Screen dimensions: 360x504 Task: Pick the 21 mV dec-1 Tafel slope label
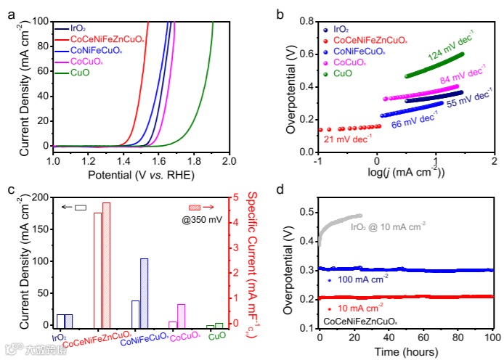coord(347,139)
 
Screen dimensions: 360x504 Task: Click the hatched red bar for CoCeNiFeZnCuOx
coord(106,265)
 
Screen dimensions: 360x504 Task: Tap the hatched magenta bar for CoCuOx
coord(182,316)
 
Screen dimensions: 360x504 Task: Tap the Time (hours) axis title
coord(406,353)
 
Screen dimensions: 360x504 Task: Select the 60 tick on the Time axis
coord(423,338)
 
